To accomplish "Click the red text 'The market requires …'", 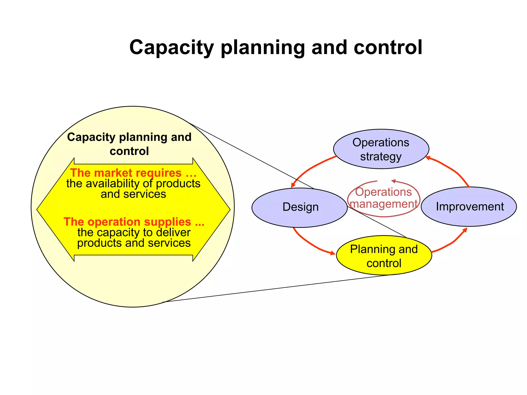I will click(x=133, y=173).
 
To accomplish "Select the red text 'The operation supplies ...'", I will click(x=134, y=222).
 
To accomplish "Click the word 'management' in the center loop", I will click(x=383, y=204).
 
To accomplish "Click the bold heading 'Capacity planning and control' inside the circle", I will click(x=129, y=144).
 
